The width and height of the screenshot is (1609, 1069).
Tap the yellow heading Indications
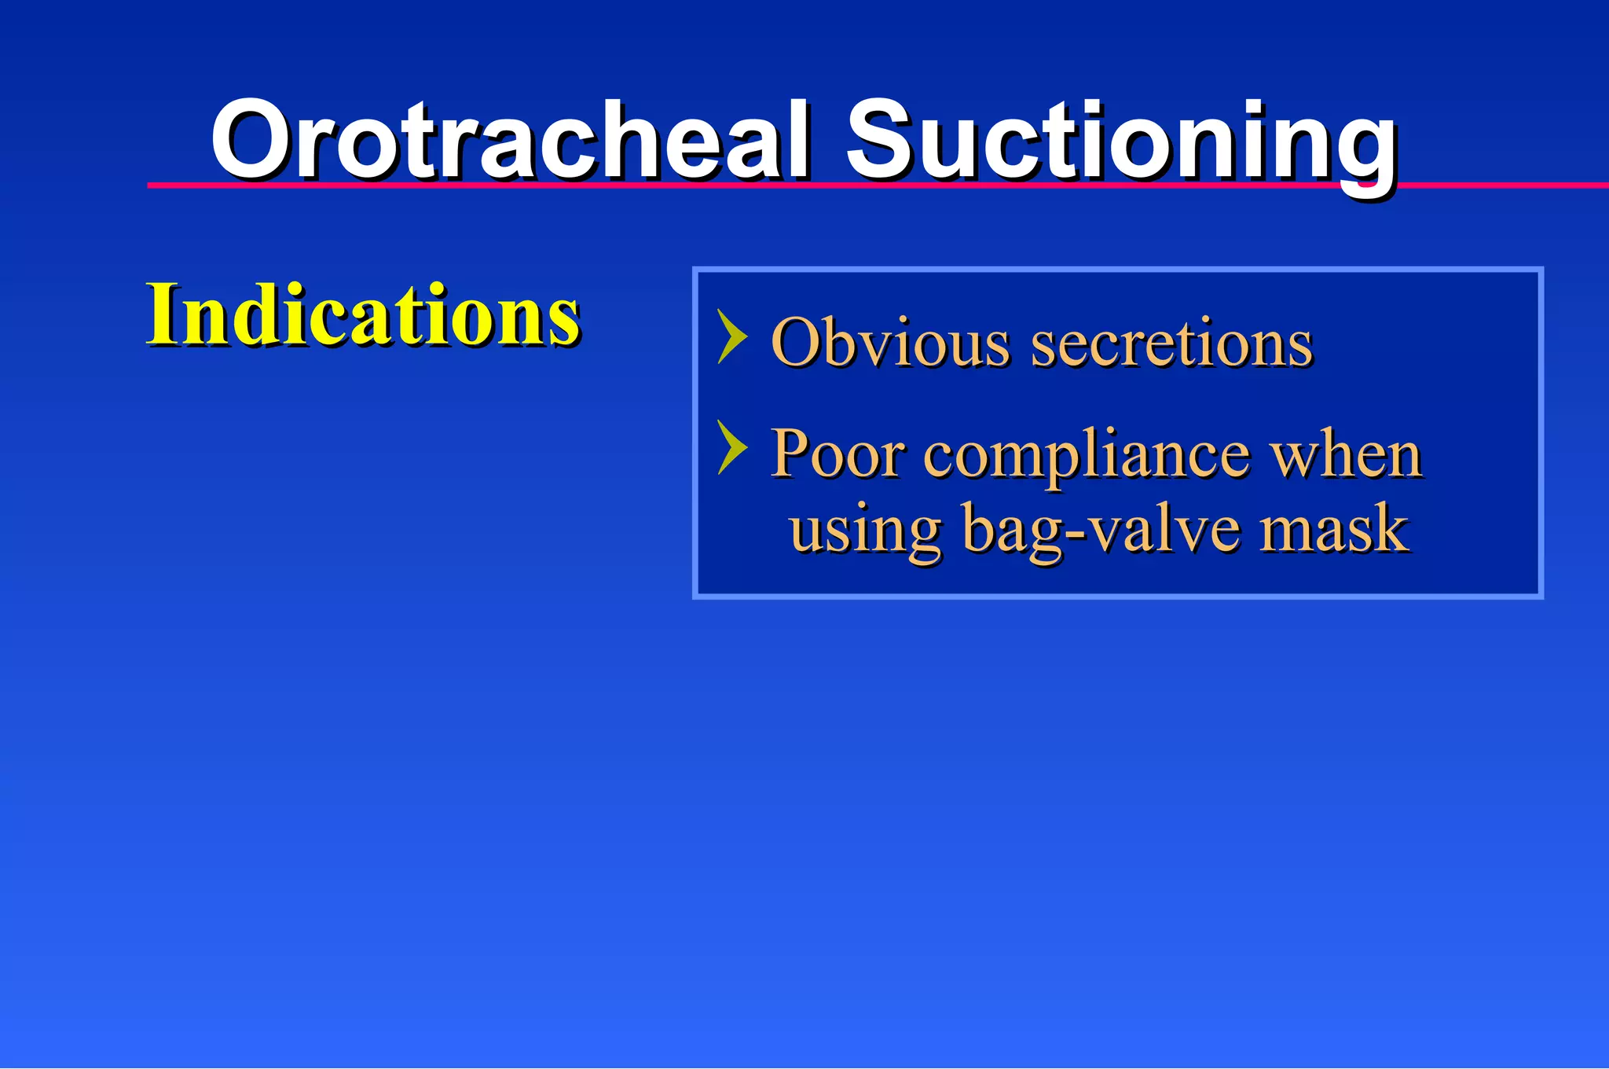(363, 314)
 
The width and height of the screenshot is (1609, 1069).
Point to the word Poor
(836, 454)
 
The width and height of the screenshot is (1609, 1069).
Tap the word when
(1346, 454)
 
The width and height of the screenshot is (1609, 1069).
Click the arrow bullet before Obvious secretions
(731, 336)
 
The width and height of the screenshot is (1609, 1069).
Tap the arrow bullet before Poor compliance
(731, 447)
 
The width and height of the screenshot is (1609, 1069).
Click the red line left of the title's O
(177, 186)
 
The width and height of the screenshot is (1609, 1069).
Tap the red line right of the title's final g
(1501, 186)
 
